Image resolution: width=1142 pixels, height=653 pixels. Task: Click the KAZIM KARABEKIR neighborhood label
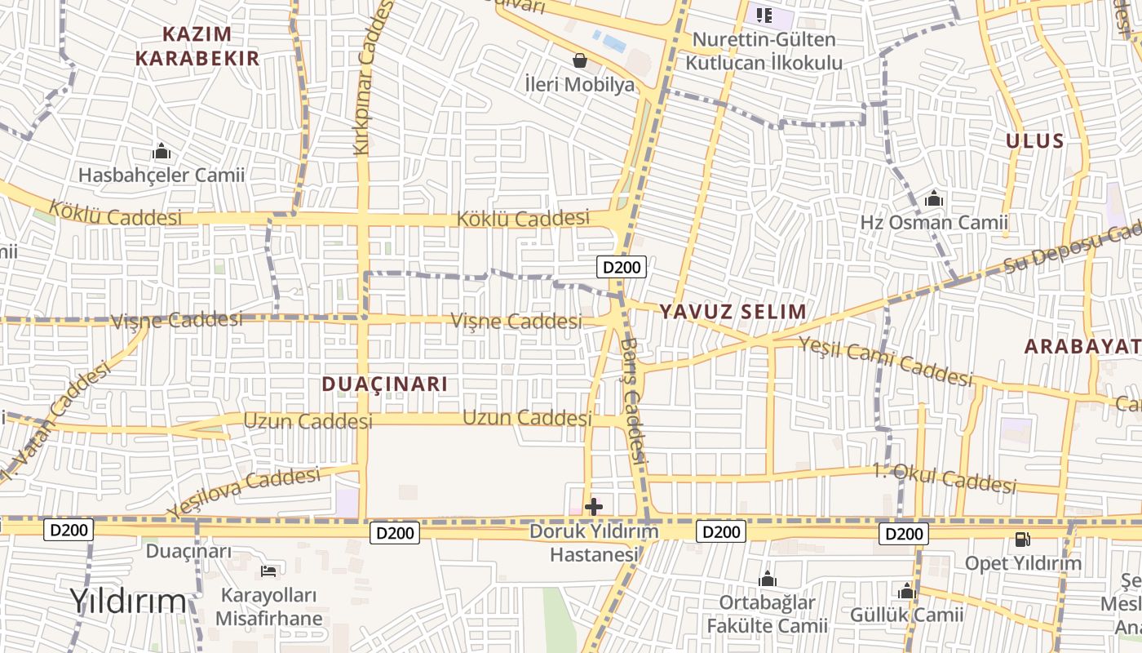coord(197,46)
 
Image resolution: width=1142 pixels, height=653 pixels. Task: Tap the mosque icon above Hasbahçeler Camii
coord(162,152)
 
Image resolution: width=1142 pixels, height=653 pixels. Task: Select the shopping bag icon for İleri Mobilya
coord(580,60)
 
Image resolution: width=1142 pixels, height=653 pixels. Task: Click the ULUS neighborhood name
coord(1034,140)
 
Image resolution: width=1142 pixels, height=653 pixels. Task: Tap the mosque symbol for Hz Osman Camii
coord(934,199)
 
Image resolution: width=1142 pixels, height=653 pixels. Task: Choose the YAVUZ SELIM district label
coord(733,311)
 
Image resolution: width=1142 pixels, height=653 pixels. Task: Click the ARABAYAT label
coord(1082,346)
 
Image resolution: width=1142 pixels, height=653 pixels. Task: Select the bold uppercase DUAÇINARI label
coord(385,384)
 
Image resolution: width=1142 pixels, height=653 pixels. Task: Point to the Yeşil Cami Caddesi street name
coord(886,362)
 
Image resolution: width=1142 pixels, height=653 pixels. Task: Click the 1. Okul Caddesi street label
coord(945,478)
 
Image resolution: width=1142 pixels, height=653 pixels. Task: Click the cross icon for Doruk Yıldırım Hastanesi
coord(594,507)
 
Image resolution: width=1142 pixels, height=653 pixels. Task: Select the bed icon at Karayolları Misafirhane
coord(268,571)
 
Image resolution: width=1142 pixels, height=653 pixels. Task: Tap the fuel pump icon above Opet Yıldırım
coord(1022,540)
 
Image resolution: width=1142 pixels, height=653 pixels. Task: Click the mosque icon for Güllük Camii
coord(906,592)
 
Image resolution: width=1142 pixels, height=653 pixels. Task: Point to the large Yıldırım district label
coord(128,601)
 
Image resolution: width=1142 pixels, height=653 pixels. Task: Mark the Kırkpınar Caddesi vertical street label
coord(373,78)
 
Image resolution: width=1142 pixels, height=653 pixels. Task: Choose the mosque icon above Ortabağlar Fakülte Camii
coord(767,580)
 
